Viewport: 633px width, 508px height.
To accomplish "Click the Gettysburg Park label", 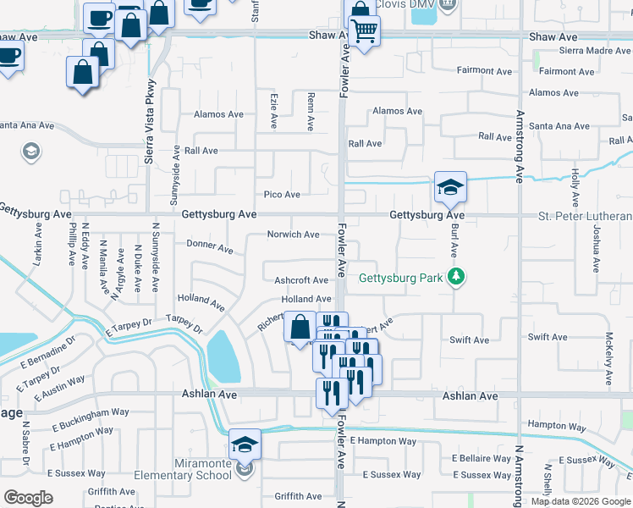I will [x=401, y=278].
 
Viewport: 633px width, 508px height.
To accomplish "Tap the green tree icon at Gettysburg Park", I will [x=456, y=277].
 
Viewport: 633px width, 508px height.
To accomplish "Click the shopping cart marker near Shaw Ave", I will [x=364, y=31].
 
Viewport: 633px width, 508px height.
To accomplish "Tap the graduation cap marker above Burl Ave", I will [x=450, y=187].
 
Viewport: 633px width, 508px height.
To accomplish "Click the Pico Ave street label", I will [x=282, y=195].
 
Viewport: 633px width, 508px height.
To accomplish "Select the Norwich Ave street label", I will [x=293, y=235].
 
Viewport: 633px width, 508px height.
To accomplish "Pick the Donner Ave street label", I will [x=209, y=247].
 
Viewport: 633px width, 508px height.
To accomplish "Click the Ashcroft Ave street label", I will [x=301, y=280].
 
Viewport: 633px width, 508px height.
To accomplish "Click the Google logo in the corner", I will [x=28, y=497].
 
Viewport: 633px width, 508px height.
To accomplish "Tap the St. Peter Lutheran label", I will [x=585, y=216].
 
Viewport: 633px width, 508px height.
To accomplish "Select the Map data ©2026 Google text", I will [x=580, y=501].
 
